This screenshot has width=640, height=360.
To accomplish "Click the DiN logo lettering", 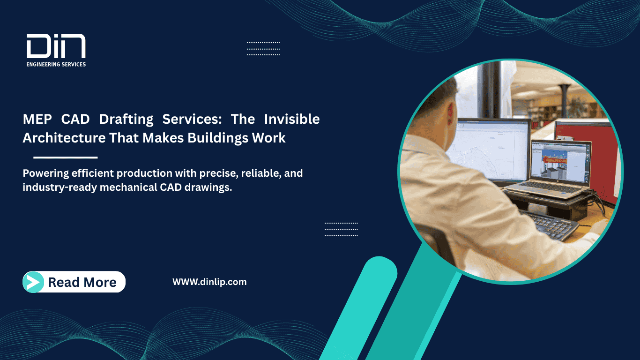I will pyautogui.click(x=56, y=47).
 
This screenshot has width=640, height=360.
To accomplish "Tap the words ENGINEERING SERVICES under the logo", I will pyautogui.click(x=56, y=64).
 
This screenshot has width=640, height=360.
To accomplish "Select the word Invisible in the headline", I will pyautogui.click(x=291, y=120).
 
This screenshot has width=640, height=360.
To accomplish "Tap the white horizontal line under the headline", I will pyautogui.click(x=66, y=157).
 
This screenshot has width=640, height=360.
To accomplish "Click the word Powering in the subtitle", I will pyautogui.click(x=45, y=173).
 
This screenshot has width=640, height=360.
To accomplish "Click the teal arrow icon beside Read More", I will pyautogui.click(x=33, y=282).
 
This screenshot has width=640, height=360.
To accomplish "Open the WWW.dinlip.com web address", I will pyautogui.click(x=209, y=282).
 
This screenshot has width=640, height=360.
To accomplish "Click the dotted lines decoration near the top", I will pyautogui.click(x=263, y=48).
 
